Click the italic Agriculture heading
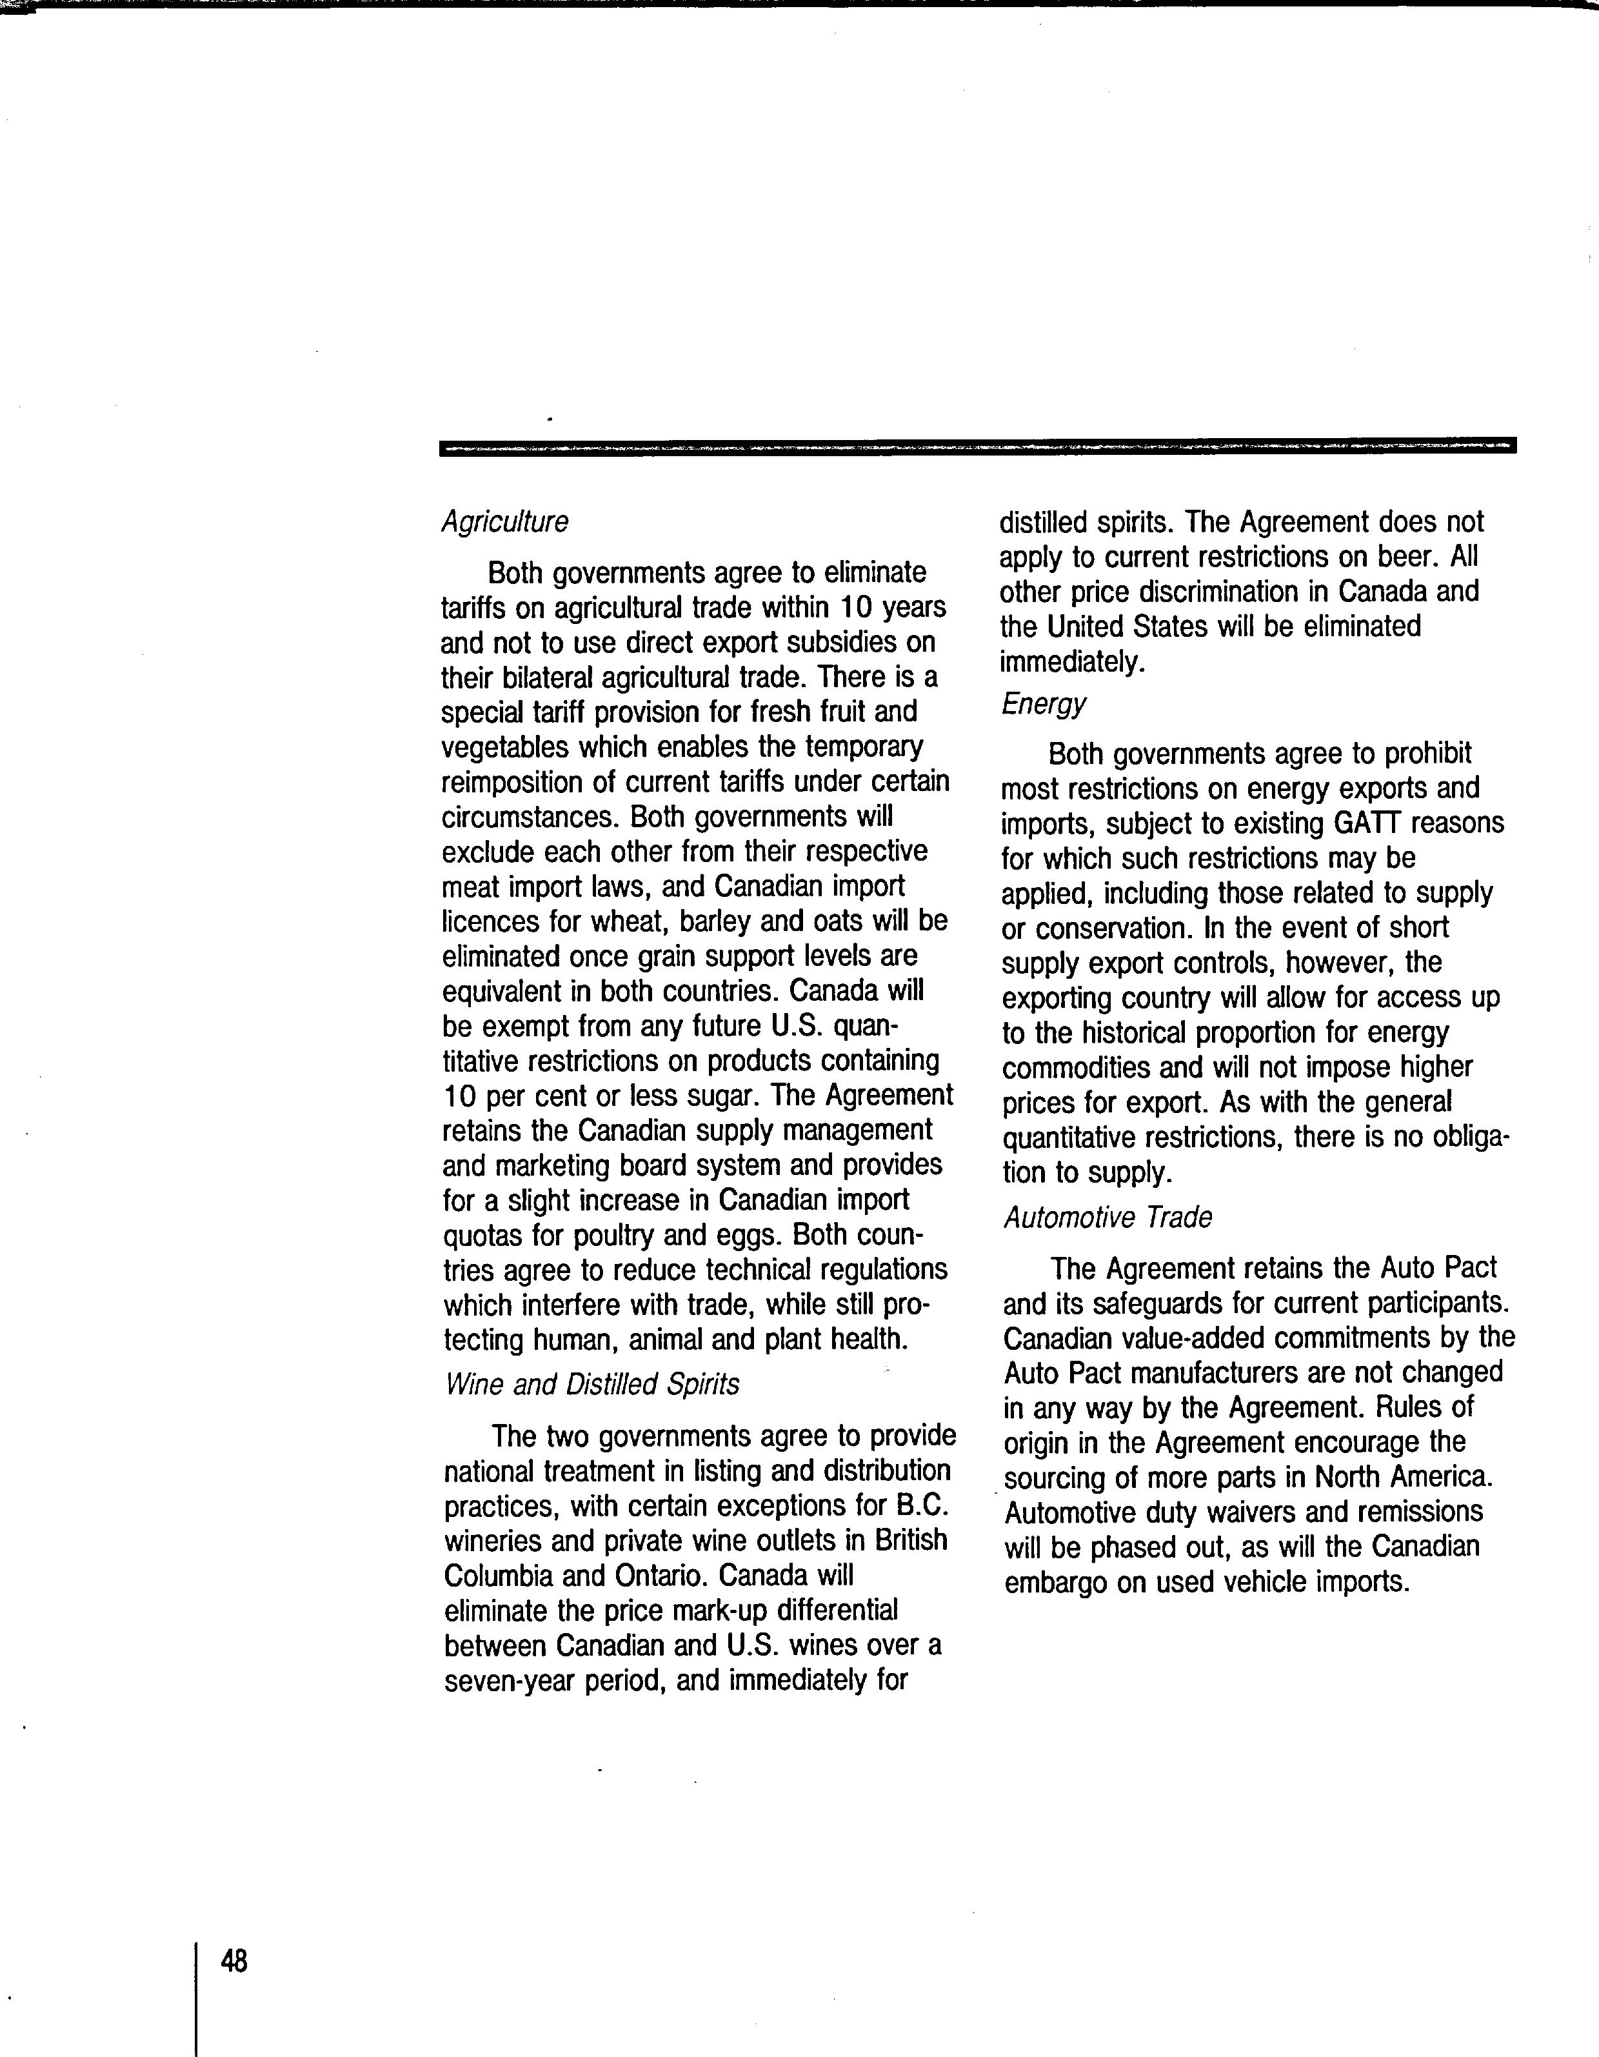point(505,522)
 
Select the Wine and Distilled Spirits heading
point(591,1383)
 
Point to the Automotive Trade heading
point(1107,1218)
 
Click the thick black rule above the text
point(977,447)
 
